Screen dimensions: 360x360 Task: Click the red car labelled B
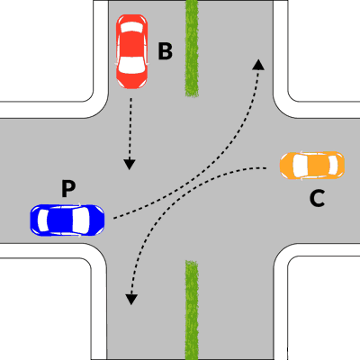(x=131, y=51)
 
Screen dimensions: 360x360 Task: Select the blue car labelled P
(x=67, y=220)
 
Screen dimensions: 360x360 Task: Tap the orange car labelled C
(x=312, y=166)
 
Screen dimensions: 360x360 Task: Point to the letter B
(x=166, y=51)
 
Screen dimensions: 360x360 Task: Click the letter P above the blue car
(x=68, y=188)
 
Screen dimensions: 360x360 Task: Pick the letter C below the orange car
(x=317, y=199)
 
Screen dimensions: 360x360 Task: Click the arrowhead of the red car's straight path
(x=130, y=165)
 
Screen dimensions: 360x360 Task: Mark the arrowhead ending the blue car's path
(x=258, y=65)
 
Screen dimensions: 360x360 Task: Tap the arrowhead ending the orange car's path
(x=131, y=300)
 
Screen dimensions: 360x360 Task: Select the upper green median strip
(x=192, y=48)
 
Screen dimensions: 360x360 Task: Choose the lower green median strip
(x=192, y=310)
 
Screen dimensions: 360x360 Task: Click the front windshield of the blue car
(x=80, y=220)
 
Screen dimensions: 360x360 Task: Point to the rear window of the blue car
(x=43, y=220)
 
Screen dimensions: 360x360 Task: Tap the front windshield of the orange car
(x=301, y=166)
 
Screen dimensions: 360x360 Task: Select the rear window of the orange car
(x=333, y=166)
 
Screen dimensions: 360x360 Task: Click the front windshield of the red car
(x=131, y=66)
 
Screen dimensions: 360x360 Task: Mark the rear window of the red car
(x=131, y=28)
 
